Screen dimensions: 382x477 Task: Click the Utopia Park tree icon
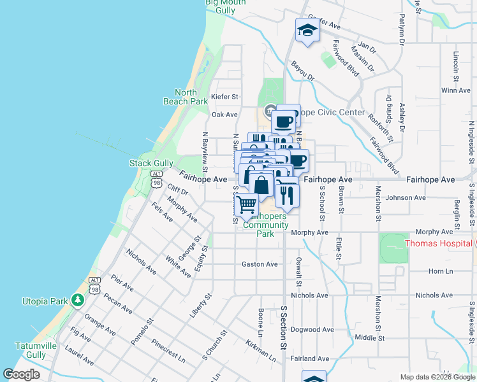[78, 299]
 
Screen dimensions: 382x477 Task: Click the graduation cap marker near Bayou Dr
[307, 31]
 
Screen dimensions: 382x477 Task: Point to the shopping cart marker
[247, 205]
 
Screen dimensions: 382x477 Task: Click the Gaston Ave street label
[260, 264]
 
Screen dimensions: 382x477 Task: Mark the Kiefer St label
[224, 97]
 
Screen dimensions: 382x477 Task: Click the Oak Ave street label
[224, 115]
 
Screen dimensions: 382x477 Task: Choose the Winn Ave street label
[455, 90]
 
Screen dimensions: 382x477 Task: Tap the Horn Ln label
[440, 271]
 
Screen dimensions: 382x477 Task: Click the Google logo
[21, 374]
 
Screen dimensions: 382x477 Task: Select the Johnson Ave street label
[406, 198]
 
